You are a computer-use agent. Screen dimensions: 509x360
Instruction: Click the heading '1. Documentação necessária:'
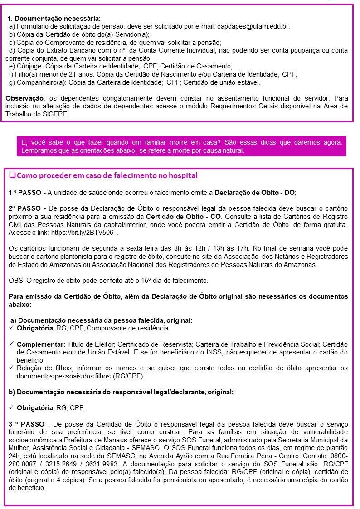click(x=54, y=19)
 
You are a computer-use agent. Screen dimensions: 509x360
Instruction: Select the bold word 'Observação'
click(x=24, y=98)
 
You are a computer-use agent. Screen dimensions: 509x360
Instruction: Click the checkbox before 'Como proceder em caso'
click(x=12, y=175)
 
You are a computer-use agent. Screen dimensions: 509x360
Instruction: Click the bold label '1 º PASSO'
click(x=25, y=193)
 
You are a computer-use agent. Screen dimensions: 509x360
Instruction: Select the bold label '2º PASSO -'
click(x=27, y=208)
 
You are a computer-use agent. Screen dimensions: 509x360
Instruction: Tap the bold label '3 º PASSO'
click(x=26, y=424)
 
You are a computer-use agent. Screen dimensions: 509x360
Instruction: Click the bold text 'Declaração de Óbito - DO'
click(x=254, y=193)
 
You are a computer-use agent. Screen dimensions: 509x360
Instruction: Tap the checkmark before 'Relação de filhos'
click(x=12, y=368)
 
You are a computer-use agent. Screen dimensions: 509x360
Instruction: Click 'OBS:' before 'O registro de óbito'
click(x=16, y=280)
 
